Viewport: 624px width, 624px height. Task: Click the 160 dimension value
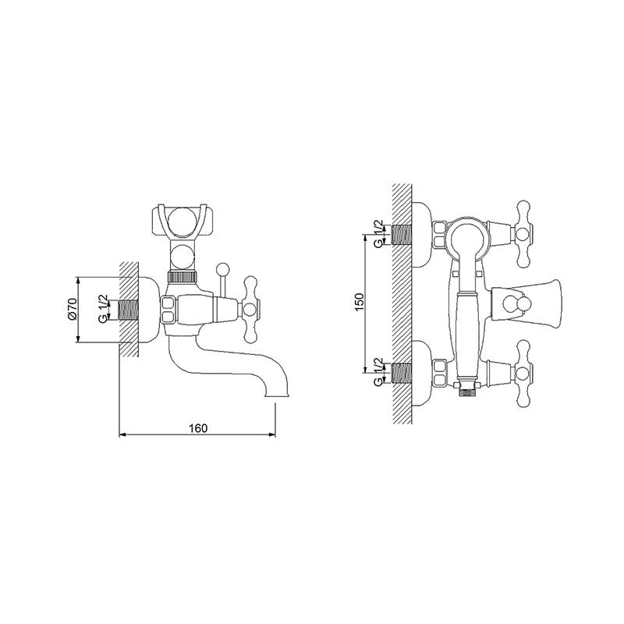tap(198, 428)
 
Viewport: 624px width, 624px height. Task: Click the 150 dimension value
tap(360, 303)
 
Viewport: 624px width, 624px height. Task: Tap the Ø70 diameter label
tap(73, 310)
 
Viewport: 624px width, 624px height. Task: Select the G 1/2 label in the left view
tap(103, 308)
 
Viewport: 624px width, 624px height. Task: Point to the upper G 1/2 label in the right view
tap(379, 233)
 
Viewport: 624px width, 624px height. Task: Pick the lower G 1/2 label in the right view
tap(379, 372)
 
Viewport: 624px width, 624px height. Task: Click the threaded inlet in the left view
tap(129, 310)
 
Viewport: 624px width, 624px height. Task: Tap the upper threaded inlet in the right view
tap(402, 235)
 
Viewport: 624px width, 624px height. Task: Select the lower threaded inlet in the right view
tap(402, 373)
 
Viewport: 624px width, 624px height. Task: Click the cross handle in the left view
tap(250, 310)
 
